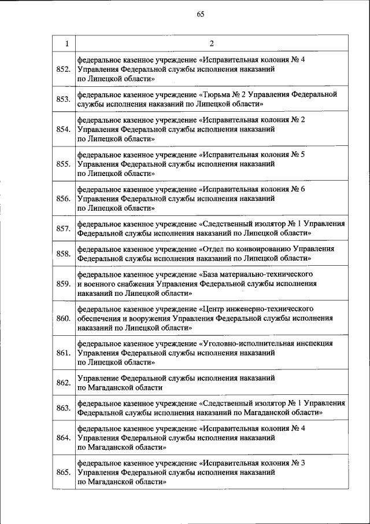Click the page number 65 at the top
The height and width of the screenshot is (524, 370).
(201, 14)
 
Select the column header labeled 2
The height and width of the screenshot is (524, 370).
(212, 43)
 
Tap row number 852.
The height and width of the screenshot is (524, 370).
(64, 69)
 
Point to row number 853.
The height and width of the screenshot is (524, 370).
(64, 100)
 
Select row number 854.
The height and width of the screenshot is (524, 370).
(64, 129)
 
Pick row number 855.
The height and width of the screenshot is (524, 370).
(64, 164)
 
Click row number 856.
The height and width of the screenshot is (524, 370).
(64, 199)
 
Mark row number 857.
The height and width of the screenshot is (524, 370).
(64, 229)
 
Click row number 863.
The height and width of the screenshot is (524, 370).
(64, 408)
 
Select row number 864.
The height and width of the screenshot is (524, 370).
(64, 438)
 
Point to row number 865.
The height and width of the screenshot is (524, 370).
(64, 472)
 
